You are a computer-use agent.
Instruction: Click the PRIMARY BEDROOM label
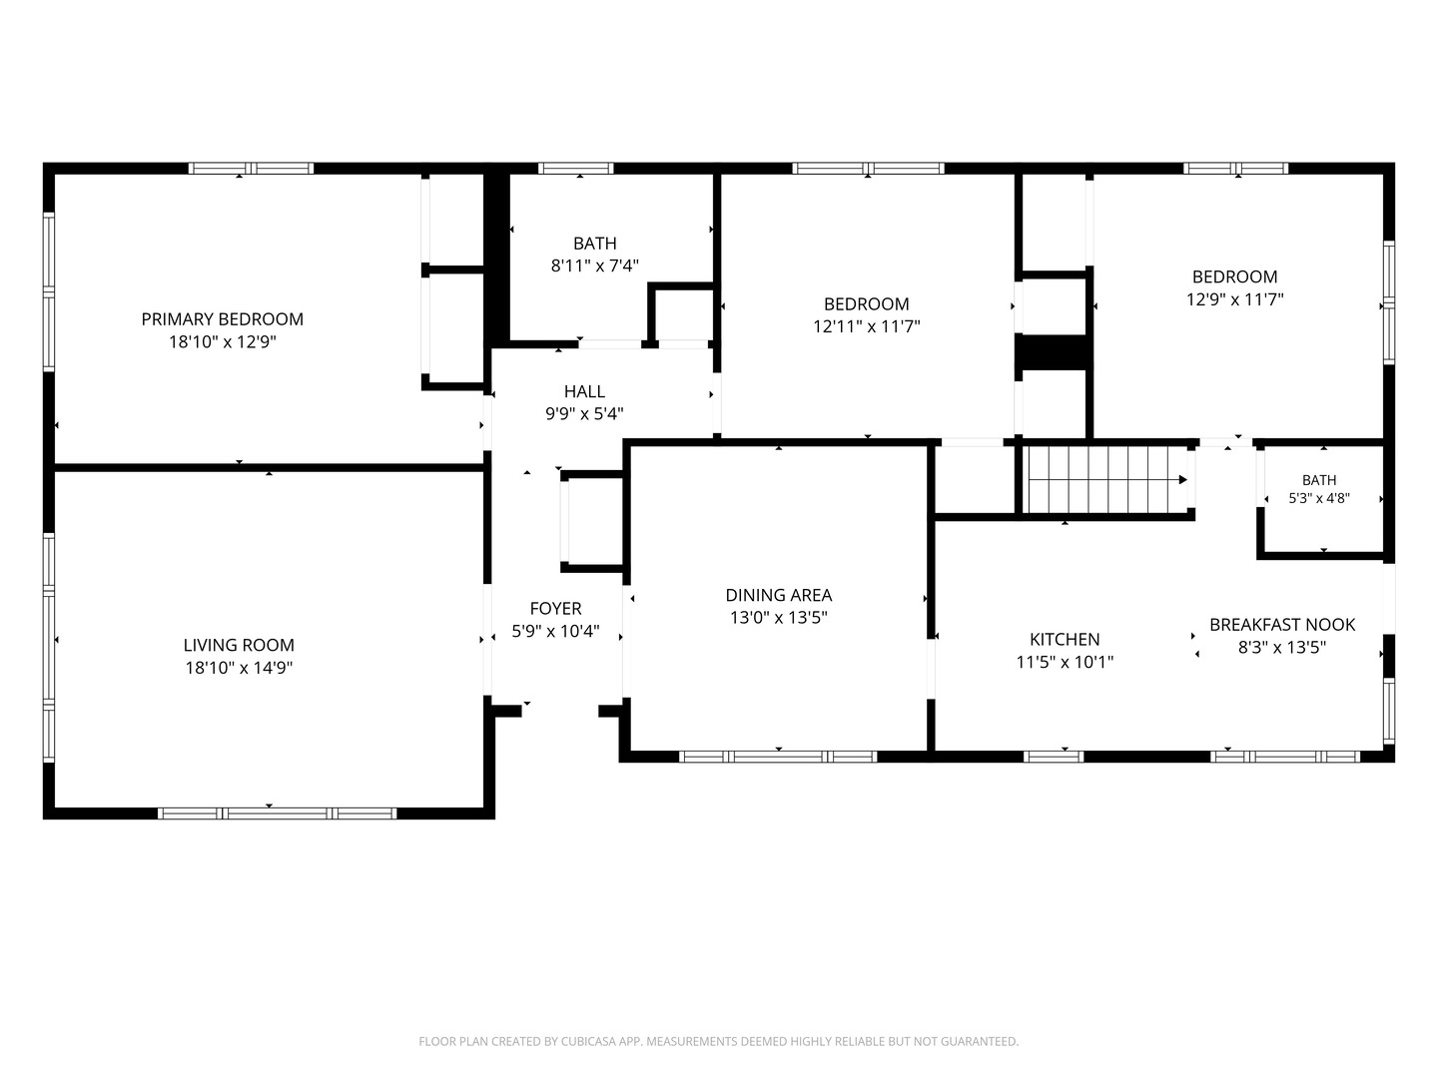tap(222, 319)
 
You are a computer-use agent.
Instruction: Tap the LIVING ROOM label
tap(239, 646)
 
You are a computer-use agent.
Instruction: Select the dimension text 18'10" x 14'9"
tap(239, 669)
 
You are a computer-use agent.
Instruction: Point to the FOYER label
tap(555, 609)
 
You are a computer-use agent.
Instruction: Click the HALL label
tap(584, 391)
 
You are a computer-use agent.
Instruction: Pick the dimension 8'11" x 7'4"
tap(595, 266)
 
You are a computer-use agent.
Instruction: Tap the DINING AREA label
tap(778, 596)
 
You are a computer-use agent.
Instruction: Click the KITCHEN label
tap(1065, 640)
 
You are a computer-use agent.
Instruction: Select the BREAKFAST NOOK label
tap(1282, 625)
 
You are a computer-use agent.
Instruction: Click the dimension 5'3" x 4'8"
tap(1319, 498)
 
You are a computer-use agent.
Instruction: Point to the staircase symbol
tap(1107, 480)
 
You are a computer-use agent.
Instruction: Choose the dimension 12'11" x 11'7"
tap(867, 326)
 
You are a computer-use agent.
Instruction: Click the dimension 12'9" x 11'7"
tap(1235, 299)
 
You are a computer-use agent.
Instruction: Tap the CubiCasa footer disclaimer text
tap(719, 1041)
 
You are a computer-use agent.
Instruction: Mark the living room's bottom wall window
tap(278, 813)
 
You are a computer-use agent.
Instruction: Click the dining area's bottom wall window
tap(778, 758)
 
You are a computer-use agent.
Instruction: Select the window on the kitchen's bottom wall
tap(1054, 758)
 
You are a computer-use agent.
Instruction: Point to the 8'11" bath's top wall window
tap(576, 169)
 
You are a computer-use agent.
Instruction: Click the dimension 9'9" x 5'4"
tap(584, 413)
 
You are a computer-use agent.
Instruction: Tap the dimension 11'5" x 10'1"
tap(1065, 663)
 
